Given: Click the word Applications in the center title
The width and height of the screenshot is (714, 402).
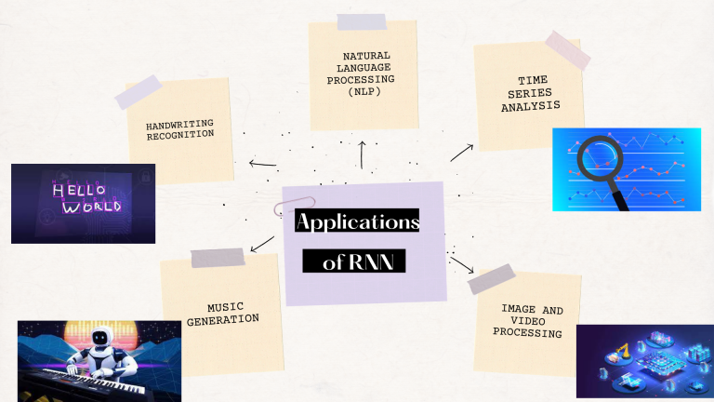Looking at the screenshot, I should (x=357, y=222).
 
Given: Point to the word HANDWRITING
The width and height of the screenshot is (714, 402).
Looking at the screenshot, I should (x=179, y=126).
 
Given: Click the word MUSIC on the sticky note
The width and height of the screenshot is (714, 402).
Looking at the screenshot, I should (x=223, y=307).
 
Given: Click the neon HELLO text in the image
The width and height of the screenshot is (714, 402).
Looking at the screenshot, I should (x=72, y=190).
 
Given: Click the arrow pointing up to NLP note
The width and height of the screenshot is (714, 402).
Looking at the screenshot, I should (x=362, y=154).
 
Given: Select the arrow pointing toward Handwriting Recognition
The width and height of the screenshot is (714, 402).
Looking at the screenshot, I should (x=262, y=165).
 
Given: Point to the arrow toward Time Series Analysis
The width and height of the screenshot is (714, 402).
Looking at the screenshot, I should (x=462, y=153).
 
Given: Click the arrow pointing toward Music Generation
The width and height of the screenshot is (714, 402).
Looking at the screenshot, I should (x=262, y=244).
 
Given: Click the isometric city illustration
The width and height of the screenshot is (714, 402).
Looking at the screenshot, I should (x=644, y=363).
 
